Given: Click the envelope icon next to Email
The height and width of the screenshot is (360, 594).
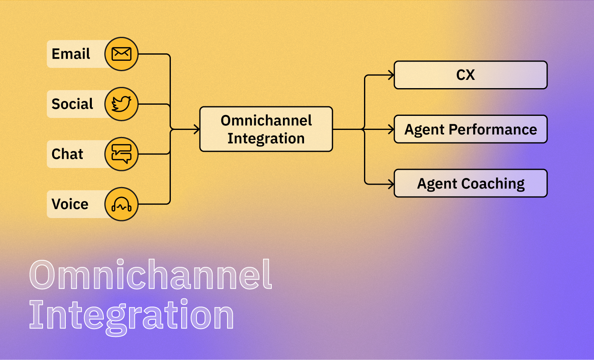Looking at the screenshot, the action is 122,54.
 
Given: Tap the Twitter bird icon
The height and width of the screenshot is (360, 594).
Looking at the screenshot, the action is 122,104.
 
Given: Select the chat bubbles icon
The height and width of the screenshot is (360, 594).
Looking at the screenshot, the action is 122,154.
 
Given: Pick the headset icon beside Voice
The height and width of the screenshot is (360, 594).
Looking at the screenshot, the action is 122,204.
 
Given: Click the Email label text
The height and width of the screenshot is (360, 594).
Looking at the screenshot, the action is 71,54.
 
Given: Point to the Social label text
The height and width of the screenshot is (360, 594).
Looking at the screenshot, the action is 72,104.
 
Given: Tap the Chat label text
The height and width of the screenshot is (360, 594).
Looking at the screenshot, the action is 67,154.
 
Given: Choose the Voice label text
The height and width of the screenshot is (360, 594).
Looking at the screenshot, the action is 70,204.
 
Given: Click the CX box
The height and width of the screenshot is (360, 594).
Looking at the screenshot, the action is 471,75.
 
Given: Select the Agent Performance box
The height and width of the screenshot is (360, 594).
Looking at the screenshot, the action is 471,129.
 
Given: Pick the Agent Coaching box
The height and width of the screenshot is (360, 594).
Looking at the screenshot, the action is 471,183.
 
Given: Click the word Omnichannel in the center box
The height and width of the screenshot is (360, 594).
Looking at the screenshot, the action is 266,120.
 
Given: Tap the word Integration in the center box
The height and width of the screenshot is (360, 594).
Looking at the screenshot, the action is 266,139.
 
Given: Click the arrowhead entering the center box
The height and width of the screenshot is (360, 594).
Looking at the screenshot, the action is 197,129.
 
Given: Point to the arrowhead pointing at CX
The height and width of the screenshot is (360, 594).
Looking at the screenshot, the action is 391,75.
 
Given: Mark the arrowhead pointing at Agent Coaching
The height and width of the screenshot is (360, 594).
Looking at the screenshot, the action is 391,184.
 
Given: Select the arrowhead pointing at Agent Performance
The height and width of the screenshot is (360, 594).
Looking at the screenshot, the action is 391,129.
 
